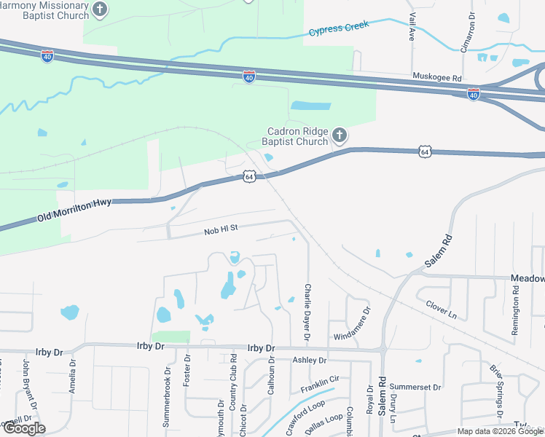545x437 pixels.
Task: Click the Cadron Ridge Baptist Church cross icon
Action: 339,135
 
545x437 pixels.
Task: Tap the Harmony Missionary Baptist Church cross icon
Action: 101,10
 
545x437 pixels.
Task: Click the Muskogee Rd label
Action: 437,77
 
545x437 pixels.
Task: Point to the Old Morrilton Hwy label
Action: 74,209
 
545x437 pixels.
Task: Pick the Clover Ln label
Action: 441,310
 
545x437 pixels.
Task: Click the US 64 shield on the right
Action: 425,151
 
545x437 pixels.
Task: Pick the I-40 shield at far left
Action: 47,56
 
